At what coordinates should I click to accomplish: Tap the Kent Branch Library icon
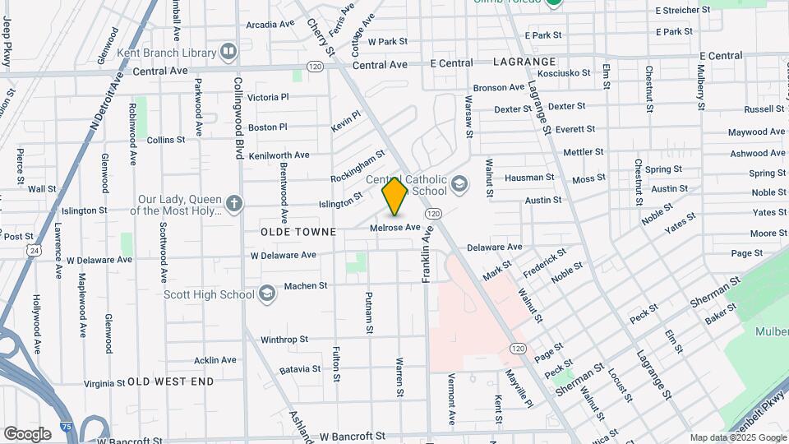click(x=228, y=52)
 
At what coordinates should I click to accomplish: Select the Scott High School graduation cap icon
click(x=266, y=294)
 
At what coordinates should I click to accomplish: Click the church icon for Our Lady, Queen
click(x=234, y=203)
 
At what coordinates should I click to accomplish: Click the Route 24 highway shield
click(x=34, y=249)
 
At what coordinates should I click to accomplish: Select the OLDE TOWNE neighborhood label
click(x=298, y=232)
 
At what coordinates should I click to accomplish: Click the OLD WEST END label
click(x=171, y=382)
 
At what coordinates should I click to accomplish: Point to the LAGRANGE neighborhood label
click(x=525, y=62)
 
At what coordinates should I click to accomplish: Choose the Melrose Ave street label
click(x=395, y=227)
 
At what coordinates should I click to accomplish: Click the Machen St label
click(x=306, y=286)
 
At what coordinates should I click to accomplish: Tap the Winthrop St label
click(x=284, y=339)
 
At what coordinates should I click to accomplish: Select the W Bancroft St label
click(x=353, y=435)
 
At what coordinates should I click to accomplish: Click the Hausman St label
click(x=529, y=177)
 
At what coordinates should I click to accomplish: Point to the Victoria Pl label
click(x=268, y=97)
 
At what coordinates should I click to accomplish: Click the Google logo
click(x=27, y=433)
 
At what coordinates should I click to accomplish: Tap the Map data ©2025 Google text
click(x=737, y=437)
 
